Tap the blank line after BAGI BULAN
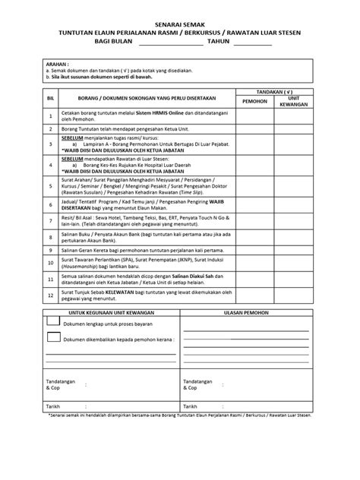tap(171, 45)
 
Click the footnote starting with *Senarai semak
tap(179, 416)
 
